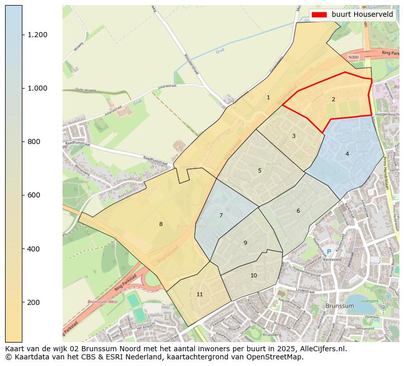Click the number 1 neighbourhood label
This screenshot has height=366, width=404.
[268, 97]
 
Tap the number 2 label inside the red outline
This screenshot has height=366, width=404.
[333, 99]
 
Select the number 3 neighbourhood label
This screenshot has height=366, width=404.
[293, 136]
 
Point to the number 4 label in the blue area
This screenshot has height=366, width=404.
[347, 153]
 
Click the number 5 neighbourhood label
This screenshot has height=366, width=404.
[259, 171]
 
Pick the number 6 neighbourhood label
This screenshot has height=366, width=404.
[298, 211]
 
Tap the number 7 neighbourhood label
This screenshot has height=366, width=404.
[221, 215]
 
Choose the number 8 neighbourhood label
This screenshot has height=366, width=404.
[161, 224]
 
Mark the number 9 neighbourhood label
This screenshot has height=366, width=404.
[245, 243]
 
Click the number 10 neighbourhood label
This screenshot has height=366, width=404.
[253, 275]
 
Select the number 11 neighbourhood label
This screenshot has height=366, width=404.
[199, 294]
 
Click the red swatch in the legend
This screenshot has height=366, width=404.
[320, 14]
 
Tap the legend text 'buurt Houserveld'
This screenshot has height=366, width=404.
[362, 14]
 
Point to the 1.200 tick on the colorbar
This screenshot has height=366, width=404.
[37, 35]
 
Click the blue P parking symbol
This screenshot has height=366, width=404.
[329, 252]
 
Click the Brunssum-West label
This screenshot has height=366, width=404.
[102, 302]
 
